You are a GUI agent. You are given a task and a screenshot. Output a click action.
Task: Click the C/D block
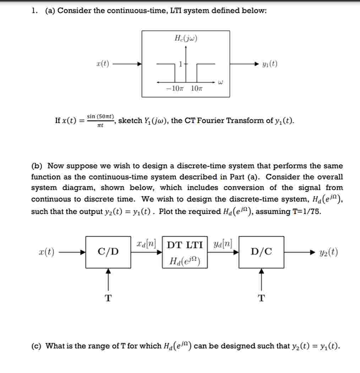(108, 252)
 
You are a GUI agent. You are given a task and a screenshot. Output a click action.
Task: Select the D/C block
(261, 252)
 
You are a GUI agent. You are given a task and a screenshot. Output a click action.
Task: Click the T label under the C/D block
(108, 298)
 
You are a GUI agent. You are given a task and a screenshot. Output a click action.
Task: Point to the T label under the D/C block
(261, 298)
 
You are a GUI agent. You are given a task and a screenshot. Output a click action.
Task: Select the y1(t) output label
(270, 64)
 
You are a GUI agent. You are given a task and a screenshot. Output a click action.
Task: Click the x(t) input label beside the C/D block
(47, 252)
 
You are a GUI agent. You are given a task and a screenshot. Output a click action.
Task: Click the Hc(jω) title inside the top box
(186, 38)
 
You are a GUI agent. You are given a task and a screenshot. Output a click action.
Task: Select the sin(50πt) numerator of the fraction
(100, 116)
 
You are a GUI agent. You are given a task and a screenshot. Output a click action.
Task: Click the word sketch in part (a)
(130, 121)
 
